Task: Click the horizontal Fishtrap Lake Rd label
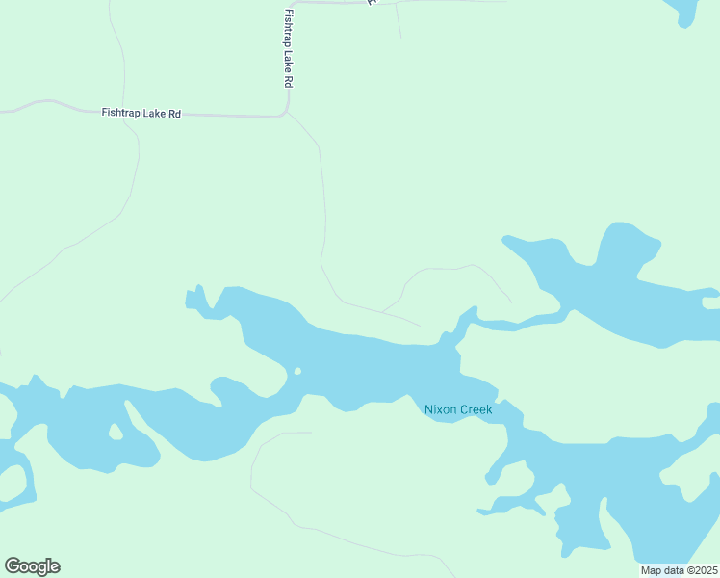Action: click(141, 114)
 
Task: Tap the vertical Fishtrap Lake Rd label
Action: click(288, 49)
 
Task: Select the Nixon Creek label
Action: click(458, 409)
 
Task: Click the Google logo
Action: click(32, 566)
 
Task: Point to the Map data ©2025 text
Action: click(679, 570)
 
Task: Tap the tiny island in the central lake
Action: click(297, 371)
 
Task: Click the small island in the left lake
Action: click(116, 431)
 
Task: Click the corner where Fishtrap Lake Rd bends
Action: click(285, 113)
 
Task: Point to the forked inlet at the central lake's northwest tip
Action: click(196, 299)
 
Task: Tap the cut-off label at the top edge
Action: click(372, 3)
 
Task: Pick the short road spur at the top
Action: click(399, 23)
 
